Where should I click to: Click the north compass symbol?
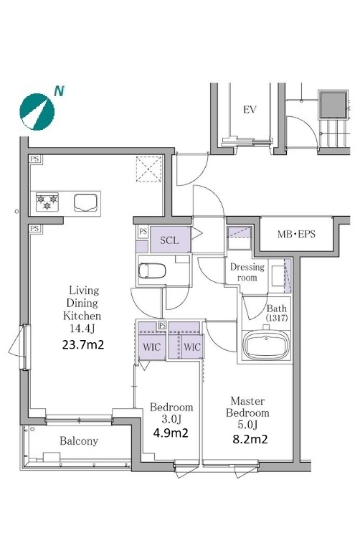(37, 112)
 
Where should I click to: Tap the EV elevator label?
(250, 110)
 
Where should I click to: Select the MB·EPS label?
(296, 234)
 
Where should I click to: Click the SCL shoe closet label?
(169, 240)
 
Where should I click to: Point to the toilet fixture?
(152, 270)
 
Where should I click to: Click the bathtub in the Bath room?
(266, 344)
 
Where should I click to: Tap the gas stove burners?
(47, 202)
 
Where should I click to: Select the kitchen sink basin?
(85, 203)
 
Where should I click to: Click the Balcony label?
(79, 441)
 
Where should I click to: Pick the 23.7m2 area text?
(83, 344)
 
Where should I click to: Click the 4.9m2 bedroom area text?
(171, 433)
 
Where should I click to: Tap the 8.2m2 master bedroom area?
(250, 439)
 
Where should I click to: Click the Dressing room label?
(247, 273)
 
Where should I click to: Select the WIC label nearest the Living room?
(152, 347)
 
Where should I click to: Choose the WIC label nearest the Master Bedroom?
(192, 347)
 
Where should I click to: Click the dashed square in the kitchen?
(149, 169)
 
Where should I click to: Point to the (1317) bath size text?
(277, 318)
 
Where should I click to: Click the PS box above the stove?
(34, 159)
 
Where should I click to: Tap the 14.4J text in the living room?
(82, 329)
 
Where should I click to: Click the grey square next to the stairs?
(332, 104)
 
